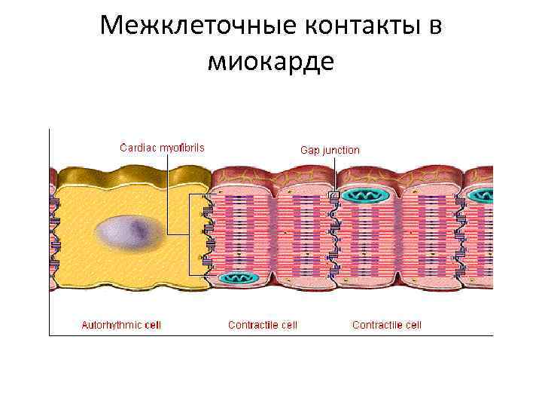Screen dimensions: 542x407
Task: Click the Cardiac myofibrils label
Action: (163, 147)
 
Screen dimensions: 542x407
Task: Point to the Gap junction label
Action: (330, 150)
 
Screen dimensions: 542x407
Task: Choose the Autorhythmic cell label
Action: (121, 325)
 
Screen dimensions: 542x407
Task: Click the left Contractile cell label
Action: (263, 325)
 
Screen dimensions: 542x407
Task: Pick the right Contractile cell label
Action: (387, 325)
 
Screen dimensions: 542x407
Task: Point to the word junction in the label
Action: (341, 150)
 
